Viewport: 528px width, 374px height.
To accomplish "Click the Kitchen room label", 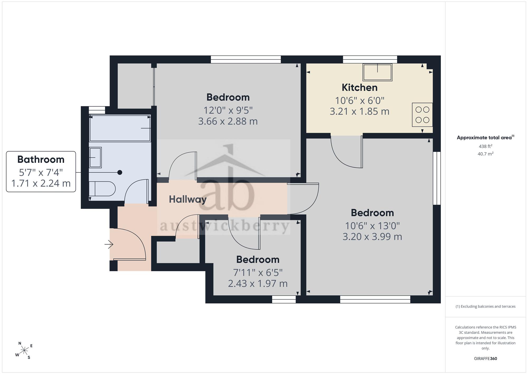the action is [360, 87].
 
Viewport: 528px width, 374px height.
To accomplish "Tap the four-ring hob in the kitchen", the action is [422, 115].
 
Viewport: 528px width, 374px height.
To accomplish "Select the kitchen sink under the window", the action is [378, 72].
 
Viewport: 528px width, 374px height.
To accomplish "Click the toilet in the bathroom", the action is [102, 188].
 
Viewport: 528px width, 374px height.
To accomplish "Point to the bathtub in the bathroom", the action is [120, 128].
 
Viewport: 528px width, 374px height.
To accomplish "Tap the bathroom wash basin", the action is [95, 158].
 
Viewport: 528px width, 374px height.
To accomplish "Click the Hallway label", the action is [188, 199].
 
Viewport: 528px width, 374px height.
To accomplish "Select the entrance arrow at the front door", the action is [109, 244].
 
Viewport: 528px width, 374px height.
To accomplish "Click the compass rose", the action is [24, 351].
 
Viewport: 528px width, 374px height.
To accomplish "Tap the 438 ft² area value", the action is [485, 146].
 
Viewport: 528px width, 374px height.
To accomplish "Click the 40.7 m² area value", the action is [485, 154].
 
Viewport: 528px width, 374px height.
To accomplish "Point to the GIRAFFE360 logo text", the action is [485, 359].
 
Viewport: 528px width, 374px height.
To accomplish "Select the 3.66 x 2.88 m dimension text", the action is [228, 121].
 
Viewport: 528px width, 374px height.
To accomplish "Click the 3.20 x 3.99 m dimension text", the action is [372, 237].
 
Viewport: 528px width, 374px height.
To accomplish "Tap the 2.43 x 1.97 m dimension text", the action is [258, 284].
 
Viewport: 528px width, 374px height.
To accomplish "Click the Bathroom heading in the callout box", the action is [41, 159].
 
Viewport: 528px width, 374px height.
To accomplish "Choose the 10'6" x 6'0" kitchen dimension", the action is [360, 100].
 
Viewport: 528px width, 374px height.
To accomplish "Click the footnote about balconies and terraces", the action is [485, 307].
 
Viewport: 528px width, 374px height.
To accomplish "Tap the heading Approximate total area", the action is [485, 137].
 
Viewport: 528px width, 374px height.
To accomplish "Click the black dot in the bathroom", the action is [120, 172].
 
